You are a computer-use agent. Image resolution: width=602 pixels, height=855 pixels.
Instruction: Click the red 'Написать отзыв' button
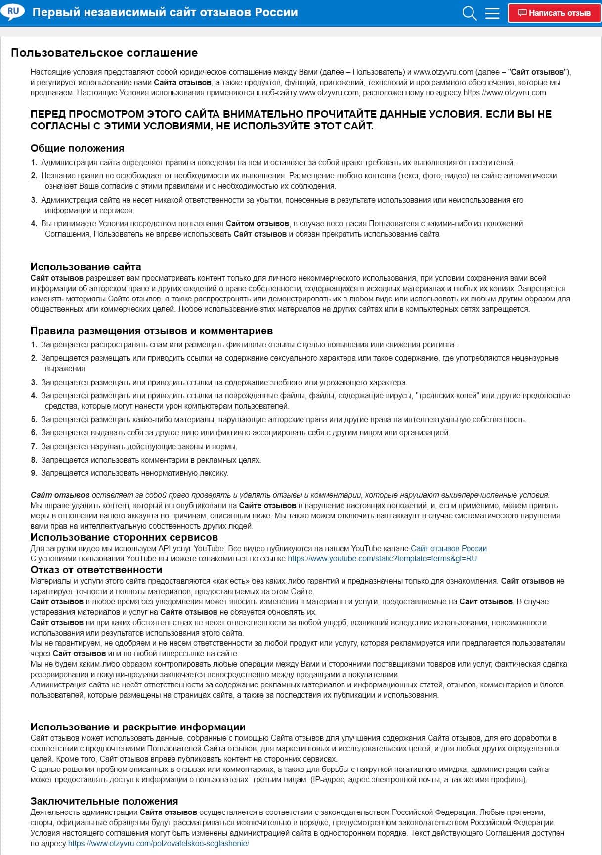point(554,13)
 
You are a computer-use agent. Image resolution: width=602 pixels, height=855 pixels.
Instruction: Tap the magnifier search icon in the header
point(469,13)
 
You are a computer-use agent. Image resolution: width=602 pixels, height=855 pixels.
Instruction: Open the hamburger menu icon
point(492,13)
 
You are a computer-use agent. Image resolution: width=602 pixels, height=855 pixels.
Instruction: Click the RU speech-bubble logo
point(13,11)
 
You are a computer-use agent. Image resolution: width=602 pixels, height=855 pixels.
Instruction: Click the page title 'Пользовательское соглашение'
point(104,53)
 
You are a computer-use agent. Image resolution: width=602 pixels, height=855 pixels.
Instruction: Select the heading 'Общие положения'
point(77,148)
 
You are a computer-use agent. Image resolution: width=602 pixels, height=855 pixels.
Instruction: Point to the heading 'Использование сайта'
point(86,267)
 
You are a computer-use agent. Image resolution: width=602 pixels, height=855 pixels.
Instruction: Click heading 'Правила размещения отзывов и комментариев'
point(151,331)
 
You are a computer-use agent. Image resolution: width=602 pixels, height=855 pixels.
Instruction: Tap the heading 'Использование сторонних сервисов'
point(124,537)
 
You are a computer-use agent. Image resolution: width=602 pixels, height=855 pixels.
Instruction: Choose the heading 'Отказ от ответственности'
point(96,570)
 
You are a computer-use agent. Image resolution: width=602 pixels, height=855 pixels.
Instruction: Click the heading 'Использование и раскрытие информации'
point(138,727)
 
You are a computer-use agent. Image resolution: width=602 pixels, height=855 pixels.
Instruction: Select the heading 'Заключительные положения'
point(104,801)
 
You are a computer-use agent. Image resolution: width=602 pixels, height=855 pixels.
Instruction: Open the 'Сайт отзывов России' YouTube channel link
point(448,548)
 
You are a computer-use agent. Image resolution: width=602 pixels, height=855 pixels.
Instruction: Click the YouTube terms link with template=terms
point(382,558)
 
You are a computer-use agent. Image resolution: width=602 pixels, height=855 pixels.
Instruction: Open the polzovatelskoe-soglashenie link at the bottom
point(158,843)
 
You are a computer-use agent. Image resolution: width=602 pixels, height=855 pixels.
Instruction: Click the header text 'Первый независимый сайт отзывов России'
point(165,12)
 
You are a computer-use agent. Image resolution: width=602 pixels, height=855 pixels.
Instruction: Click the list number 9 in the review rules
point(34,473)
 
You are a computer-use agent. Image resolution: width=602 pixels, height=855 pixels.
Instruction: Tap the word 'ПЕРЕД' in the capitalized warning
point(48,114)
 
